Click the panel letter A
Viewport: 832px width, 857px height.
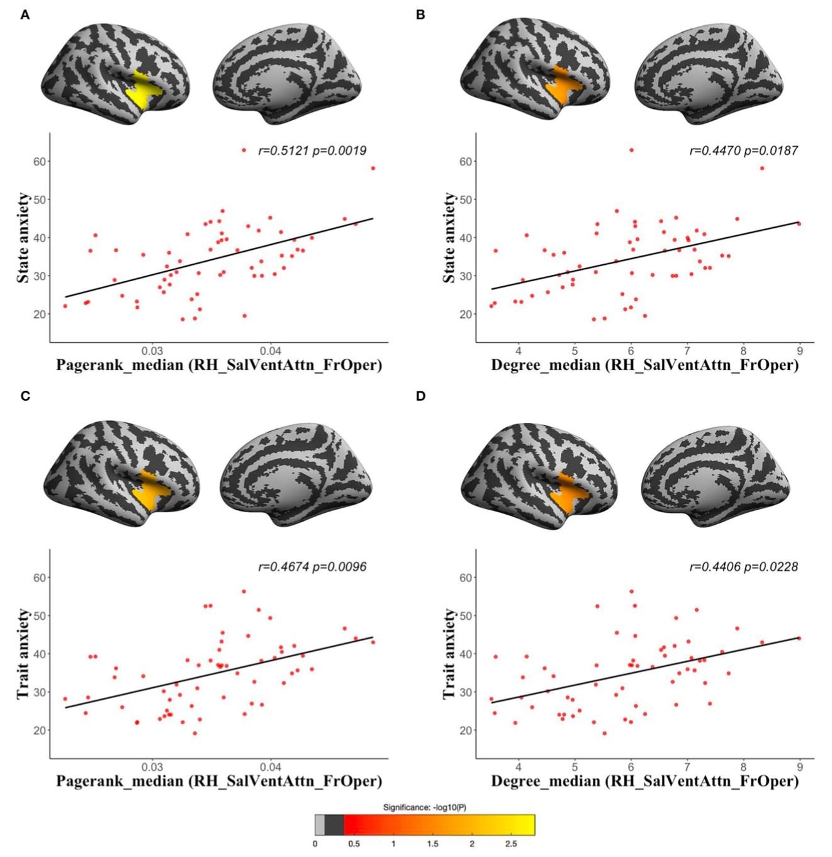pyautogui.click(x=25, y=14)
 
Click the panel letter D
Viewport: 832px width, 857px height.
pyautogui.click(x=421, y=396)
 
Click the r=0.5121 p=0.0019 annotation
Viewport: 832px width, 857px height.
pyautogui.click(x=312, y=150)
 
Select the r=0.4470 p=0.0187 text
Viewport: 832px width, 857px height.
pyautogui.click(x=743, y=150)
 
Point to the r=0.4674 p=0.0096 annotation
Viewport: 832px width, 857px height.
pyautogui.click(x=312, y=567)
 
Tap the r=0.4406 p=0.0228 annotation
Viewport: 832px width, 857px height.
pyautogui.click(x=743, y=567)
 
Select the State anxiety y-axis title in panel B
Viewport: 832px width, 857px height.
pyautogui.click(x=449, y=238)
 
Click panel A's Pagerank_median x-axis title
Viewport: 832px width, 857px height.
pyautogui.click(x=219, y=365)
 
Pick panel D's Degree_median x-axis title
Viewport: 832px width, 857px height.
pyautogui.click(x=644, y=781)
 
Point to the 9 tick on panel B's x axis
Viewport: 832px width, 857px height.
pyautogui.click(x=799, y=350)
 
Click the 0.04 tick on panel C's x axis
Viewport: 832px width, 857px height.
pyautogui.click(x=271, y=767)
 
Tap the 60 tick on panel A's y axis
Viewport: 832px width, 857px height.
pyautogui.click(x=39, y=162)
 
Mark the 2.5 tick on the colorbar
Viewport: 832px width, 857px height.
pyautogui.click(x=510, y=844)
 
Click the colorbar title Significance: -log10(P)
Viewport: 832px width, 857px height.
pyautogui.click(x=424, y=807)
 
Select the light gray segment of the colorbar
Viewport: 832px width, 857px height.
pyautogui.click(x=320, y=824)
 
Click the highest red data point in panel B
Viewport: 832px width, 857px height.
pyautogui.click(x=631, y=150)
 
